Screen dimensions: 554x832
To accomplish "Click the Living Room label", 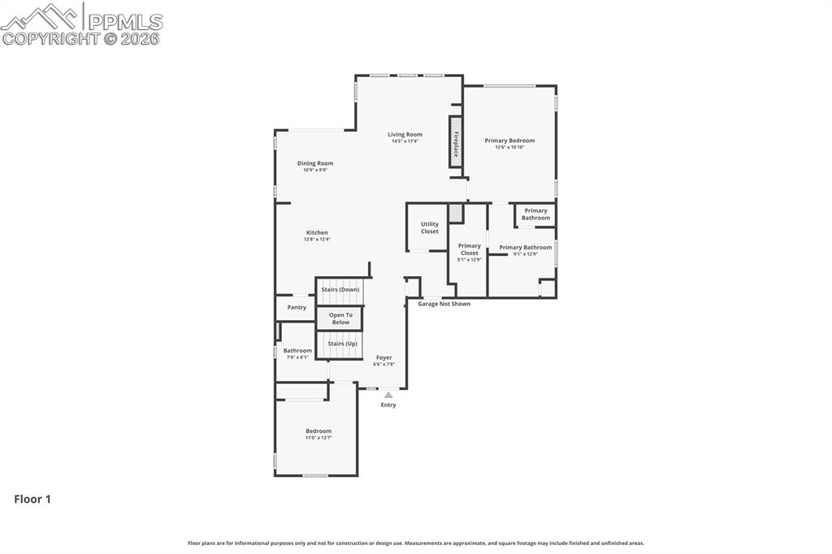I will [x=405, y=134].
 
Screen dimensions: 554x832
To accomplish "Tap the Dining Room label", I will [x=315, y=163].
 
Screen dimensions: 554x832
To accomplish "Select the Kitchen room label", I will [x=317, y=232].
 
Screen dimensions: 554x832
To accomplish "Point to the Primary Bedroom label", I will [x=509, y=141].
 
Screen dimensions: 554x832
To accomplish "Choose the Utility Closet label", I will [x=429, y=227].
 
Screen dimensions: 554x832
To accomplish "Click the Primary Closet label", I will [x=469, y=249].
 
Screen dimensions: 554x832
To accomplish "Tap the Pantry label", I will [x=297, y=307].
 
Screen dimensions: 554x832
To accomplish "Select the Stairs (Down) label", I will [x=340, y=289].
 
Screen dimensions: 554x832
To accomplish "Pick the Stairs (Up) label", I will [x=342, y=344].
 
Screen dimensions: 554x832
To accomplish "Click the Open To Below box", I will [x=340, y=318].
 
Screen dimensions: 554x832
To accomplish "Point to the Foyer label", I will [x=383, y=357].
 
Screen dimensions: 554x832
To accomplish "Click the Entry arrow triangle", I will [x=388, y=395].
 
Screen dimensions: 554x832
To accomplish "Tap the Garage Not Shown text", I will [x=444, y=304].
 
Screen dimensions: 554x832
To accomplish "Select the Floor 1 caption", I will [x=32, y=500].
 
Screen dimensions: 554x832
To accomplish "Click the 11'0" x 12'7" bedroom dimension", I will [x=318, y=438].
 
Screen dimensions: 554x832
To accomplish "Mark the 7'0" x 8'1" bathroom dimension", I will [x=297, y=357].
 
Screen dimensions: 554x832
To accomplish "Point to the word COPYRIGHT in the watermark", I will [x=50, y=38].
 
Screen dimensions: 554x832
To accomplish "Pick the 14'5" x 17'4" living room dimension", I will [x=405, y=141].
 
